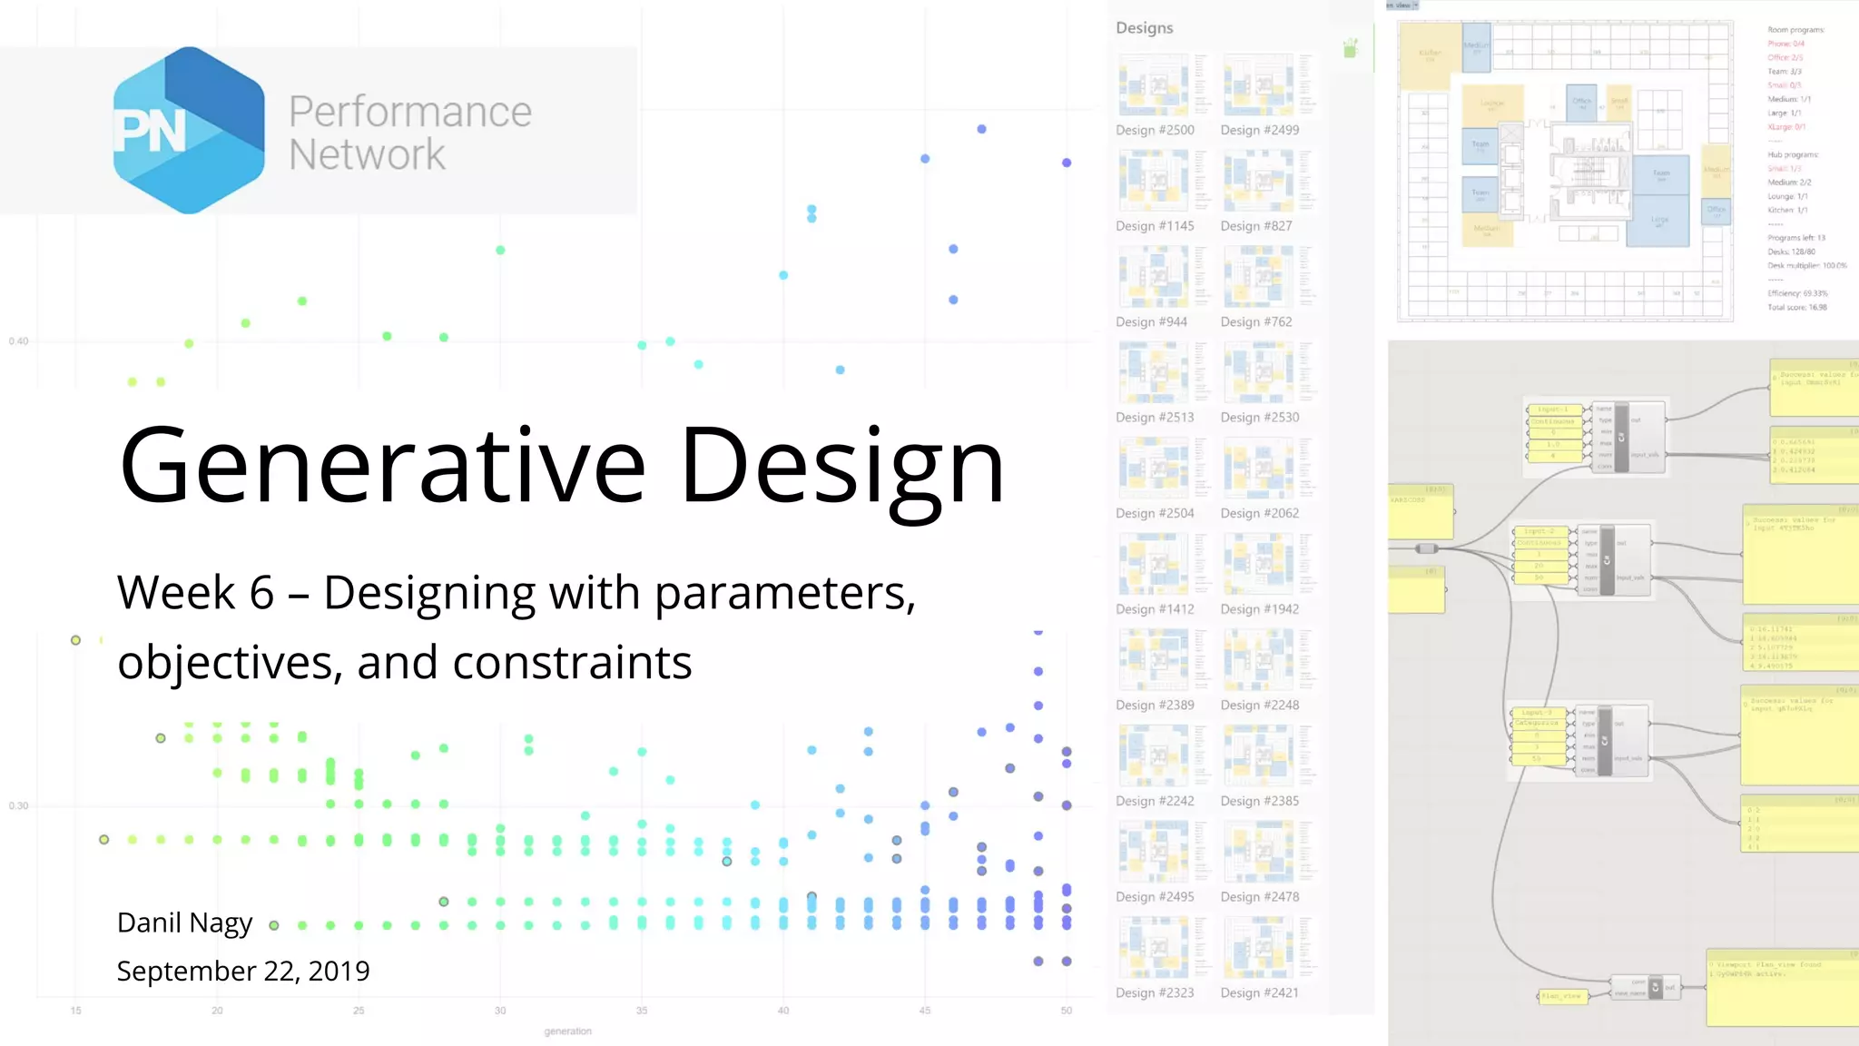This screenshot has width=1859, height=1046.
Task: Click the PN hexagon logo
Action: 189,131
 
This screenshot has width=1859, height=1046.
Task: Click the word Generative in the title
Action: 382,465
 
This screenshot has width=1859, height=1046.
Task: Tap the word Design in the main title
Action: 842,465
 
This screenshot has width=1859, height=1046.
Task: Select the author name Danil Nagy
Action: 184,923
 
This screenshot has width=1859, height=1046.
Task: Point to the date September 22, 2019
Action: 243,971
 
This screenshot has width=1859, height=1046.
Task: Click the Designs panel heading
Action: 1144,28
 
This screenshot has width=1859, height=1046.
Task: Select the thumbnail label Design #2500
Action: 1155,130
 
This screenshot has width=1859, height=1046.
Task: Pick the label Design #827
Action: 1255,226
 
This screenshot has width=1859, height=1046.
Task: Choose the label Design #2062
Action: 1259,513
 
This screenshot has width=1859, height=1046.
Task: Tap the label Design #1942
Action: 1259,609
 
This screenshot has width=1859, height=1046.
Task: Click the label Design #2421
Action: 1259,992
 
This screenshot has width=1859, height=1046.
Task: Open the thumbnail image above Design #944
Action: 1154,277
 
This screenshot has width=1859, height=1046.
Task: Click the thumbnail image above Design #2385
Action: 1258,756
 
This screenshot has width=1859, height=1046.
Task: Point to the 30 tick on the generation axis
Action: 500,1011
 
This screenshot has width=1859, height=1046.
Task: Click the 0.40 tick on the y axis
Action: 18,341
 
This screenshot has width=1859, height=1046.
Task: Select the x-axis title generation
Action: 567,1031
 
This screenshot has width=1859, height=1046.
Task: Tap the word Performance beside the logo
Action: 409,112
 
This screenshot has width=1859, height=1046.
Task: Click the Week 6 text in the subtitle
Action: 195,593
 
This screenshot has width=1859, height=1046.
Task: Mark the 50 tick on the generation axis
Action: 1066,1011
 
